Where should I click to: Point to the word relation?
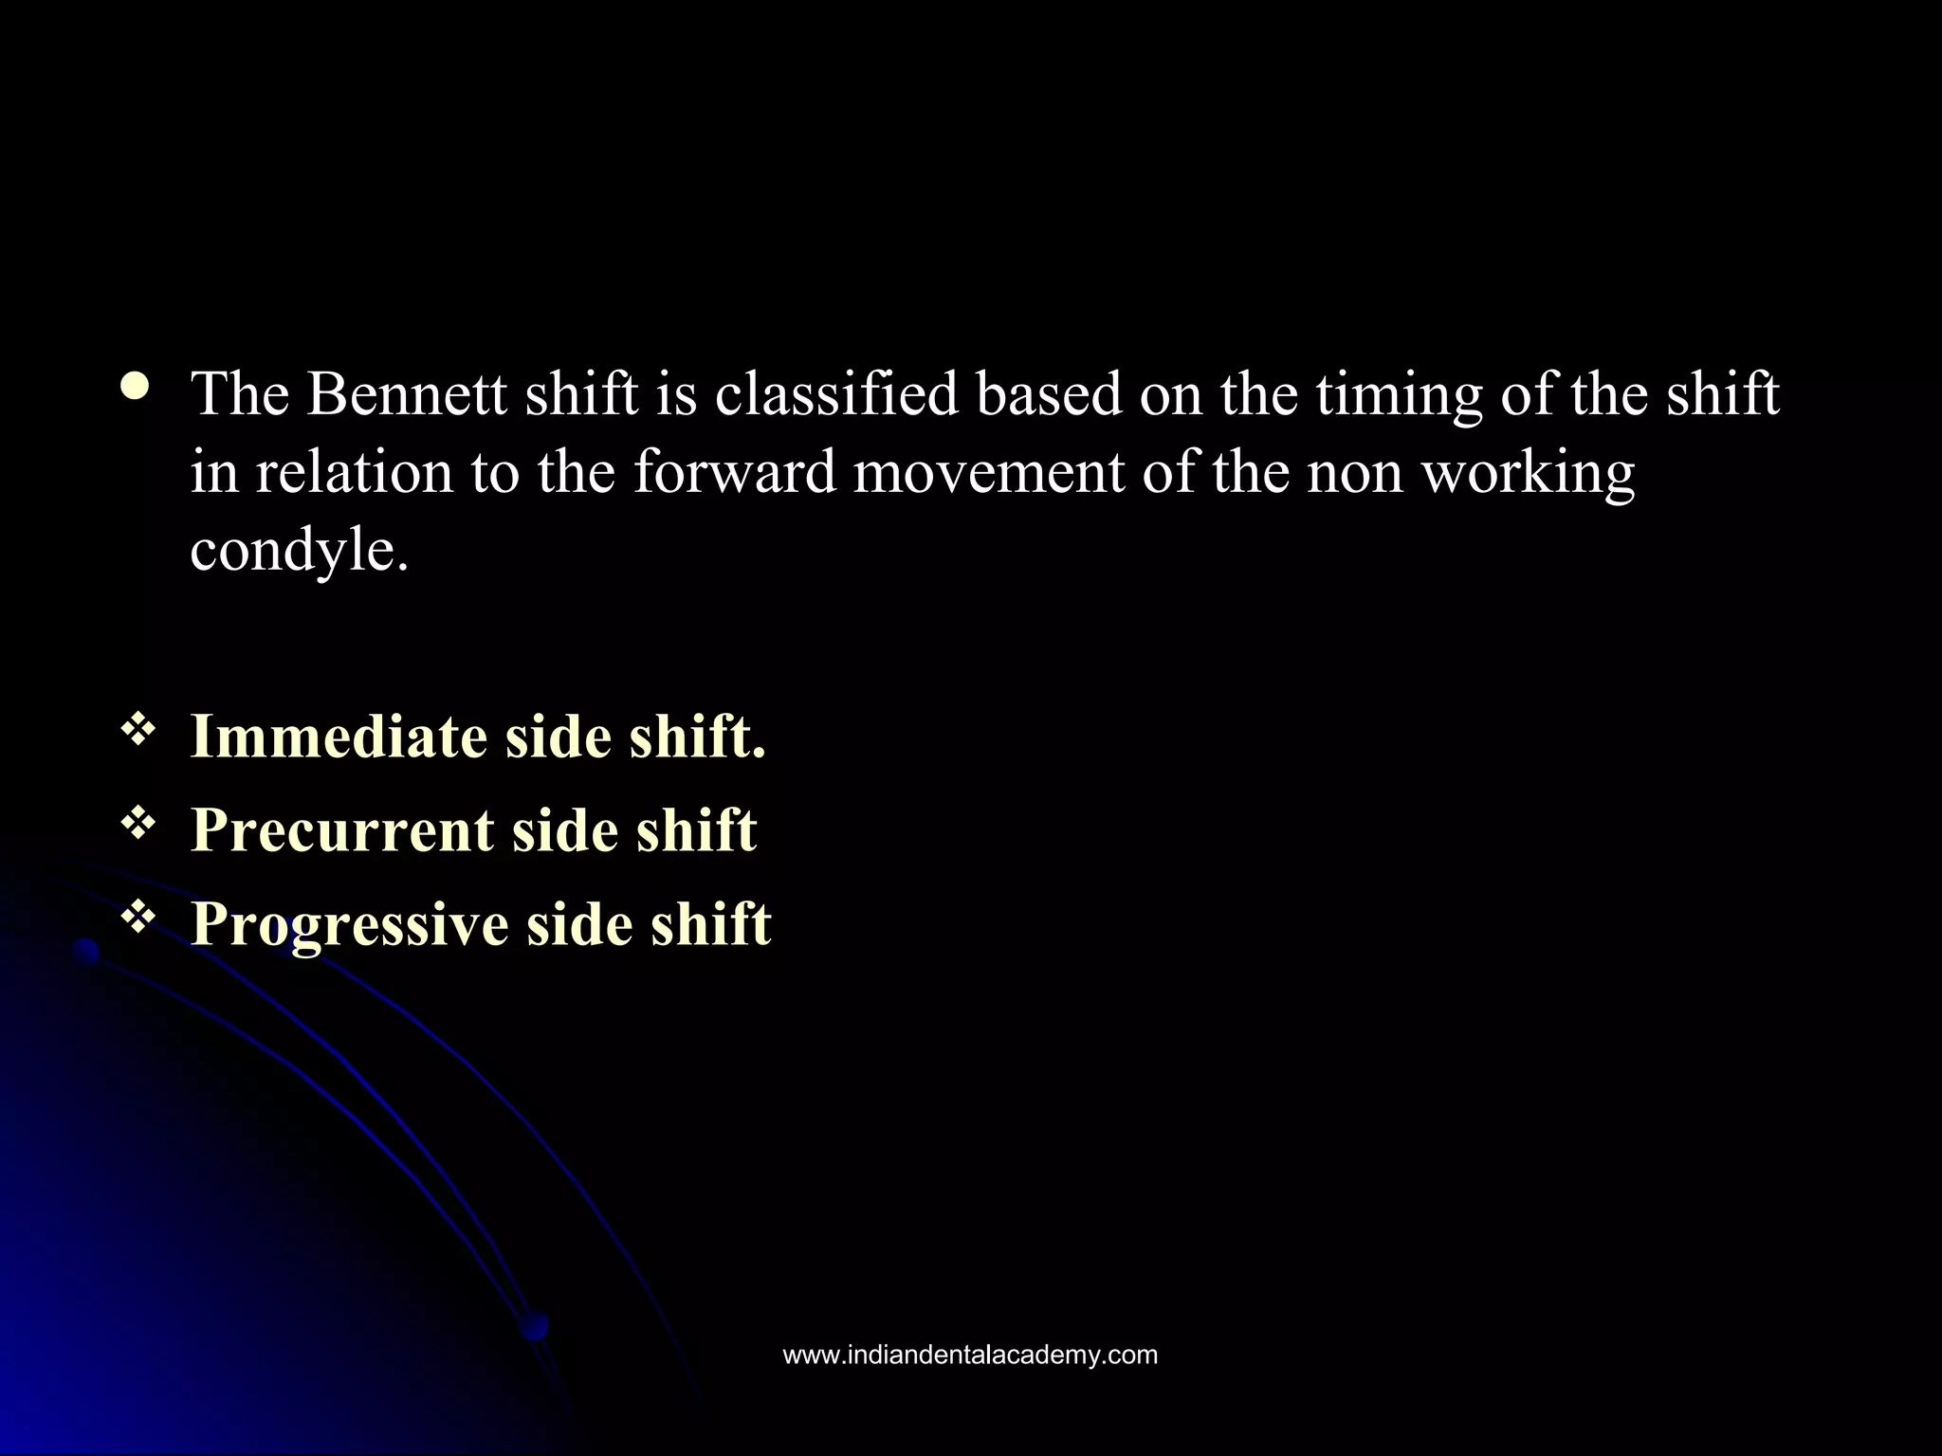355,471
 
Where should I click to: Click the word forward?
734,471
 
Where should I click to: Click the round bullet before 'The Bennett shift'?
135,388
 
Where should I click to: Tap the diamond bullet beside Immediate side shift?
138,730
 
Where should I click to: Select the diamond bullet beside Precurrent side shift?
138,824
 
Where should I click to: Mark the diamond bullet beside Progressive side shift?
138,917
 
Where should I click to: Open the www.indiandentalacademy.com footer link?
970,1355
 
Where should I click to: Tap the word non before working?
1354,473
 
